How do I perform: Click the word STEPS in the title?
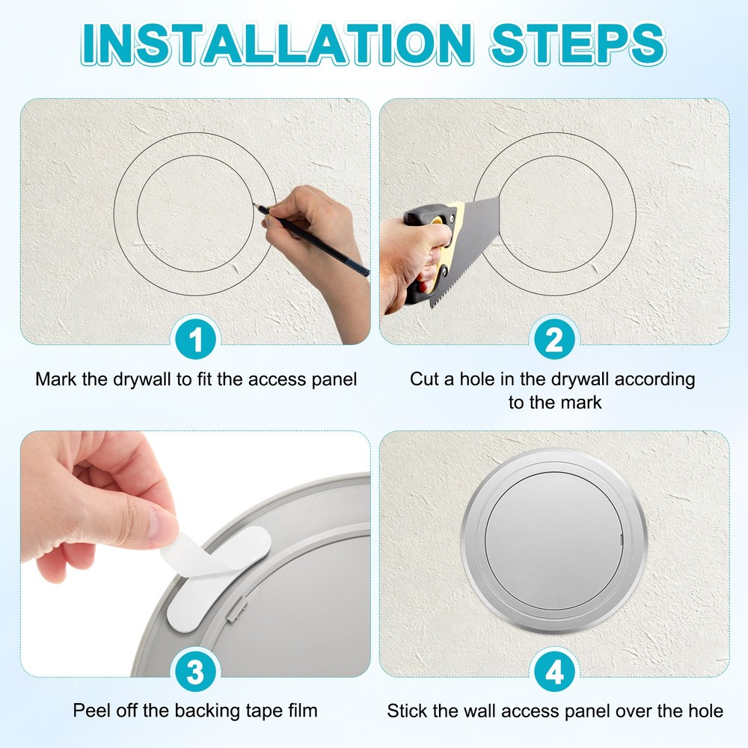point(577,43)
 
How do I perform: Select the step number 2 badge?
point(554,340)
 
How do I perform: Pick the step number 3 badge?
point(195,672)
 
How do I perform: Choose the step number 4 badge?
point(554,672)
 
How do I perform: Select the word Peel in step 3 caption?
point(90,710)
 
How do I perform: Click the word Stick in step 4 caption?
point(407,711)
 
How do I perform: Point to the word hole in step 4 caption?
point(705,711)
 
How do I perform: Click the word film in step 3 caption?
point(301,710)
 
